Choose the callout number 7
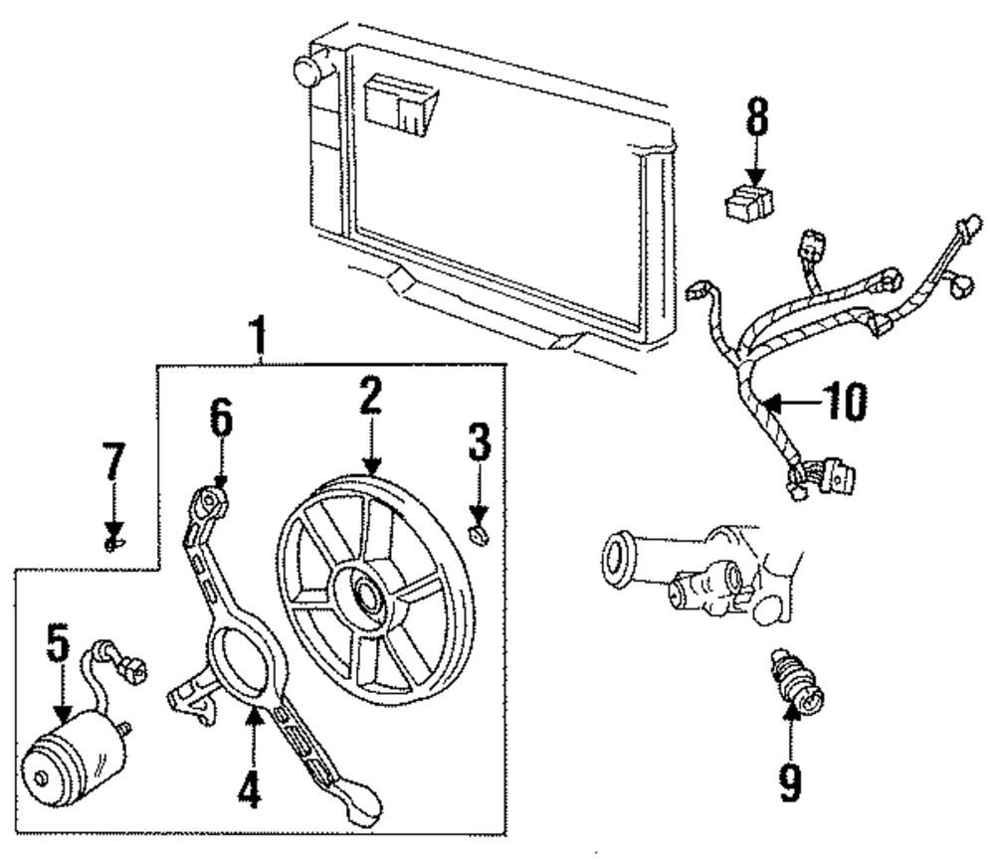[x=114, y=463]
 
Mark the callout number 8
[x=758, y=118]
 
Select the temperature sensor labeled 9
[x=794, y=683]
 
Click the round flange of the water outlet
[x=619, y=558]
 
